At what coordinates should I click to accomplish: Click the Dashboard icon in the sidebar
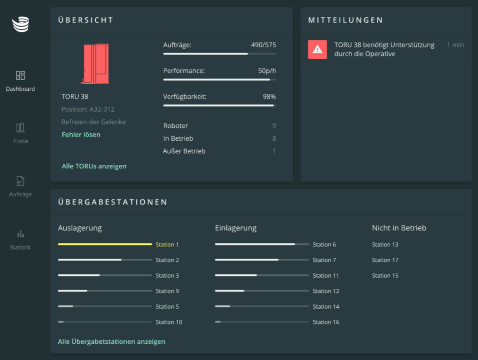20,75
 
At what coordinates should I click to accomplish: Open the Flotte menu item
20,128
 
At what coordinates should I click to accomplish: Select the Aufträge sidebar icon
20,181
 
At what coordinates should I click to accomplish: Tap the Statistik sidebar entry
20,234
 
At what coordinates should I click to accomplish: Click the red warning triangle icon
317,50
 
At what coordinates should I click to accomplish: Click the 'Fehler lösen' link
81,135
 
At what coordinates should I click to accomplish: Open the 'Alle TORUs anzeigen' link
94,166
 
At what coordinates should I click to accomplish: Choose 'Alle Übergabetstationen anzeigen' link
111,341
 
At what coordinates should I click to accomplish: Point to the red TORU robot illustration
95,64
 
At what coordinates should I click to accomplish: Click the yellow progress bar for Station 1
104,244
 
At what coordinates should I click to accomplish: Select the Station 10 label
169,322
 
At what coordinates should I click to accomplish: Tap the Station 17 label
385,260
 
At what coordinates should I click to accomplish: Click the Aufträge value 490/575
264,45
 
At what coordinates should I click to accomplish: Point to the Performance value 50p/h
267,71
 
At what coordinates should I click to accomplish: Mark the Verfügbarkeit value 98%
269,97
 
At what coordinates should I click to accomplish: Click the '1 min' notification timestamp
455,45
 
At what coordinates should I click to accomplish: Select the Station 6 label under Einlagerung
324,244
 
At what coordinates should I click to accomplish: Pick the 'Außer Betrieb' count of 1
274,151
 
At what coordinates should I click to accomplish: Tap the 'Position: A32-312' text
88,110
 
